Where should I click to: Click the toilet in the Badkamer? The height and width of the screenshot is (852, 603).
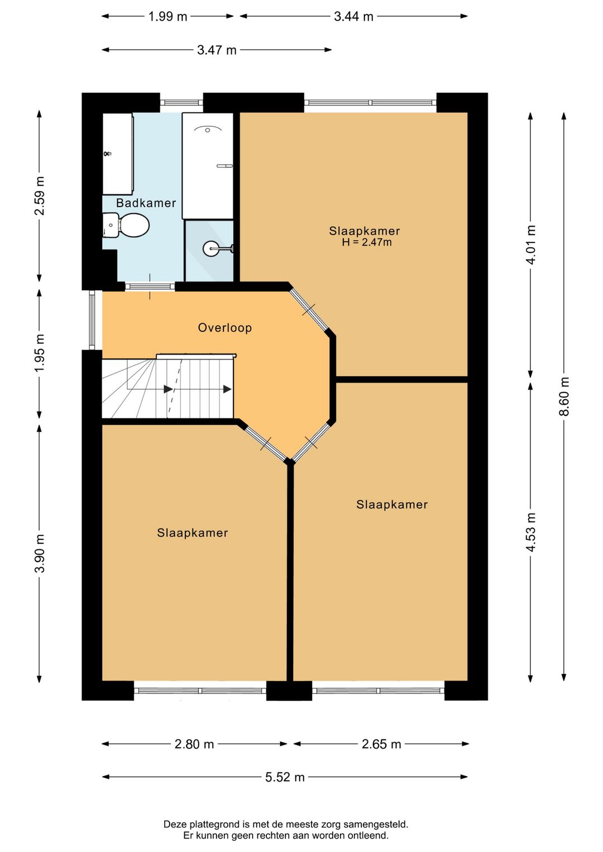tap(126, 225)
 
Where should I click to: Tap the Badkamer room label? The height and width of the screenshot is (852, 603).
tap(146, 203)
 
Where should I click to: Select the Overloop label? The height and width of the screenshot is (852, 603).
tap(225, 328)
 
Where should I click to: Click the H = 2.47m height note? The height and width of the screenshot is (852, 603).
tap(367, 242)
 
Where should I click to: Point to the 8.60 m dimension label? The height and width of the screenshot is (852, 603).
tap(564, 396)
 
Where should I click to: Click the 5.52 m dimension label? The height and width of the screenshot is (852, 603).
tap(285, 777)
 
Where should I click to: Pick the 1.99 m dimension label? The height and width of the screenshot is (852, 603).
tap(167, 17)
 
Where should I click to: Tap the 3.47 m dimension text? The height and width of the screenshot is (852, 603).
tap(217, 50)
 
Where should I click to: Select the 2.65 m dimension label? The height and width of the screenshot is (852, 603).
tap(381, 744)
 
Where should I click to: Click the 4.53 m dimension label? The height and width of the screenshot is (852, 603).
tap(531, 532)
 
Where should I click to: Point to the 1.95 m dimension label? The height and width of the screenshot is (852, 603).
tap(40, 353)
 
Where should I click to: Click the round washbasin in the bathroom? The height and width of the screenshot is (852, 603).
tap(210, 249)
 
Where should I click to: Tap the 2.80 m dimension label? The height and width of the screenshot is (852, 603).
tap(194, 744)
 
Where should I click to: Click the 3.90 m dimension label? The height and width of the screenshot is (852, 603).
tap(40, 554)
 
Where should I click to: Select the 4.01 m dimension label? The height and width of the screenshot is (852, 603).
tap(531, 245)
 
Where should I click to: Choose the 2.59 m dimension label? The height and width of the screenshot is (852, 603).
tap(40, 195)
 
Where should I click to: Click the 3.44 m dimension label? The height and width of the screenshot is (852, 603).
tap(354, 17)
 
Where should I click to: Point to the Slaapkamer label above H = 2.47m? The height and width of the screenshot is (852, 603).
tap(365, 231)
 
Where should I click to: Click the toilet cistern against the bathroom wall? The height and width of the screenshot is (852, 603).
tap(111, 225)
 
